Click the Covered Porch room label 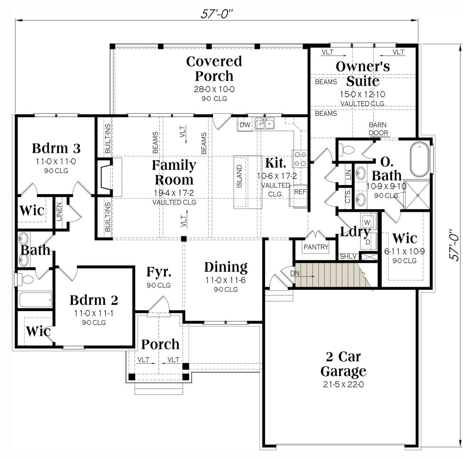pyautogui.click(x=214, y=69)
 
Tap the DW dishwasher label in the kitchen pyautogui.click(x=245, y=125)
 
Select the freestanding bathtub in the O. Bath pyautogui.click(x=419, y=159)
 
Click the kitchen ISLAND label pyautogui.click(x=239, y=176)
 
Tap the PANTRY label pyautogui.click(x=316, y=247)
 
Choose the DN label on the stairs pyautogui.click(x=294, y=273)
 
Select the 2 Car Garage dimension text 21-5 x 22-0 pyautogui.click(x=343, y=384)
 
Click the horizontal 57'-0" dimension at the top pyautogui.click(x=217, y=14)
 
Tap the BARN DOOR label pyautogui.click(x=378, y=129)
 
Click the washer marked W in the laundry pyautogui.click(x=368, y=222)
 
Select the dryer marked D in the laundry pyautogui.click(x=368, y=242)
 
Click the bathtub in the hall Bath pyautogui.click(x=35, y=299)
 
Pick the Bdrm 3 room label pyautogui.click(x=56, y=148)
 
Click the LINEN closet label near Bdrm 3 pyautogui.click(x=59, y=212)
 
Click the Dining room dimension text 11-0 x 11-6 pyautogui.click(x=226, y=280)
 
